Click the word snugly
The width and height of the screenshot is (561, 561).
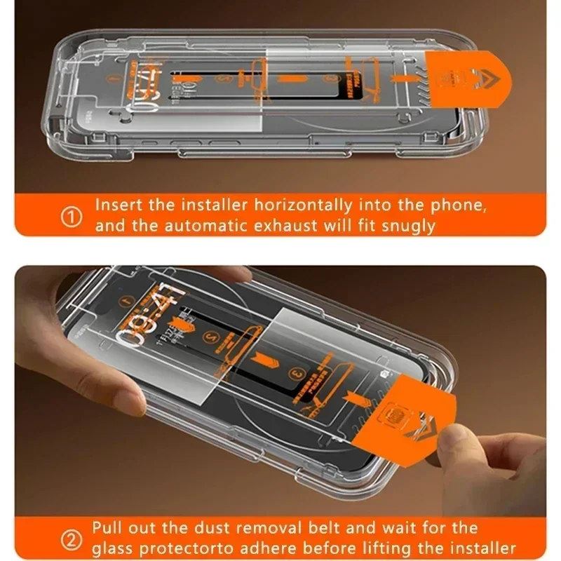point(406,227)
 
